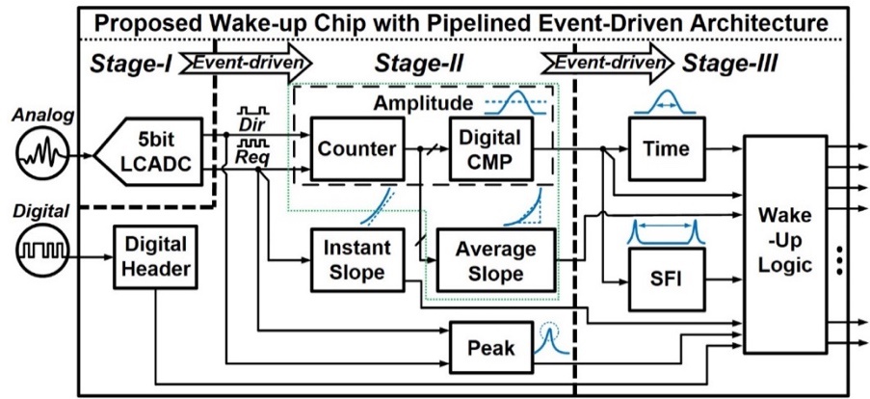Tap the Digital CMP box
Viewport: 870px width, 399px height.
click(491, 148)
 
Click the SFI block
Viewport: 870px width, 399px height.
click(665, 280)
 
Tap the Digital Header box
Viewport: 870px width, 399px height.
click(153, 257)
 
